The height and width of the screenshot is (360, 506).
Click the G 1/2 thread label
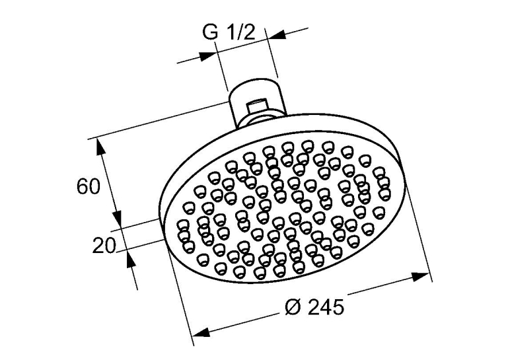tap(229, 32)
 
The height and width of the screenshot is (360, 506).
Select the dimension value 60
tap(89, 186)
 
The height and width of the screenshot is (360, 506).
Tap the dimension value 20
tap(104, 245)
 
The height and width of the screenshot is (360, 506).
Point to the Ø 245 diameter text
tap(314, 306)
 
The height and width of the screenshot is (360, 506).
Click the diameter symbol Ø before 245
tap(293, 307)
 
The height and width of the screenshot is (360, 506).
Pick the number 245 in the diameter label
tap(326, 306)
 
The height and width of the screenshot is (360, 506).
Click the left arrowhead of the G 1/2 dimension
tap(207, 56)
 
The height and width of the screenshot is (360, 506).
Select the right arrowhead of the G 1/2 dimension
tap(277, 34)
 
